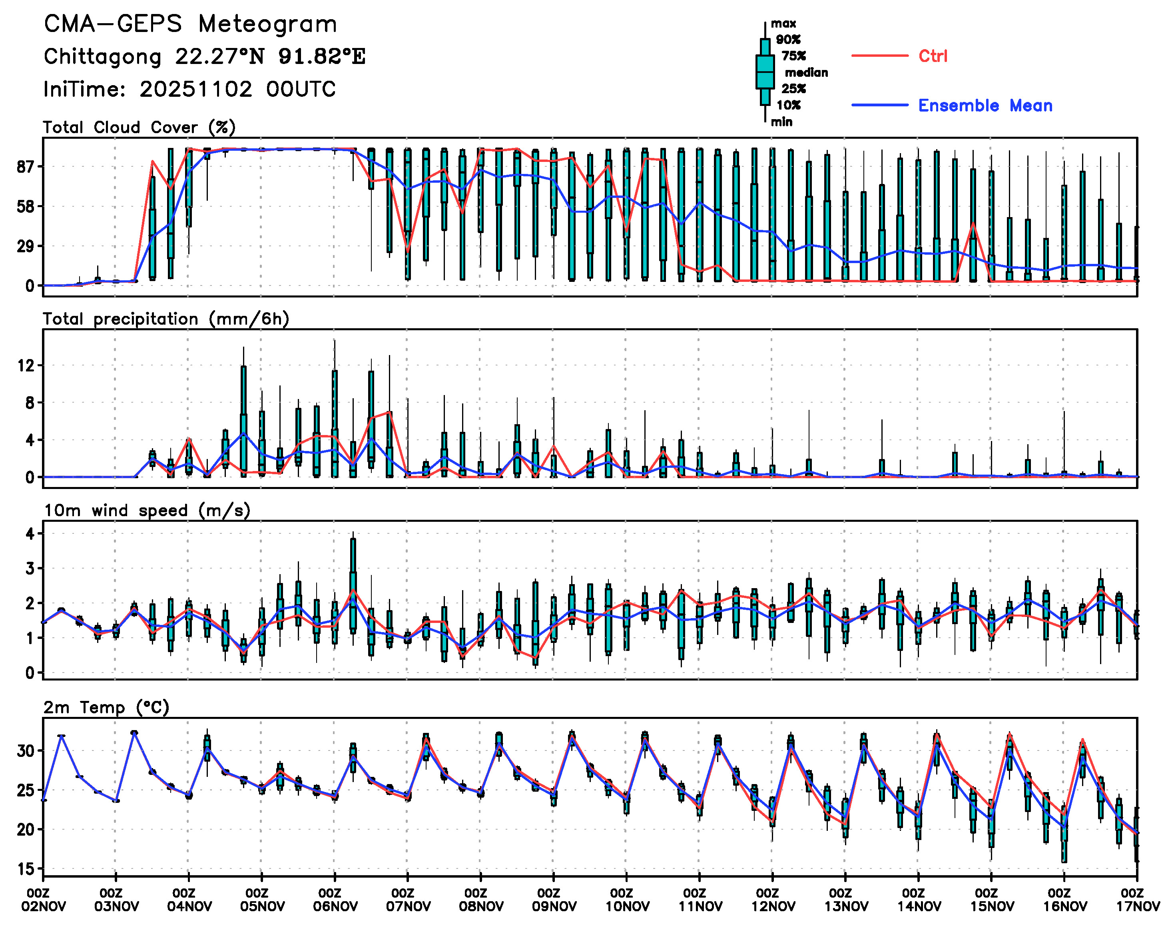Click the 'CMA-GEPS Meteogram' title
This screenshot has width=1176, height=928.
pos(190,24)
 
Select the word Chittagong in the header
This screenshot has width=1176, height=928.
pos(102,56)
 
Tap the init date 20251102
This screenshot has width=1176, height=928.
pos(195,89)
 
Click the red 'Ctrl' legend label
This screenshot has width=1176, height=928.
pos(933,56)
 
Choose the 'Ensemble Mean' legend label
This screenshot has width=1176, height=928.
pos(985,106)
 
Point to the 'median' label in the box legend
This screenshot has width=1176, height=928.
pos(806,72)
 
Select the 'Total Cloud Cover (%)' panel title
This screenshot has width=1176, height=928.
pos(139,127)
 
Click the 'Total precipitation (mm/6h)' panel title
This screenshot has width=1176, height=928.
pos(165,319)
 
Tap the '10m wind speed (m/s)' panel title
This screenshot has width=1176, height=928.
pos(147,510)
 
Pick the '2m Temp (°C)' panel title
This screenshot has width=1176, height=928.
pos(106,707)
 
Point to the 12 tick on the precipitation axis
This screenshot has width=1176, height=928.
pos(26,366)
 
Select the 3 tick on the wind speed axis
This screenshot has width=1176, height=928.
pos(30,568)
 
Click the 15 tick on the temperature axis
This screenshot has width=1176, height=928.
pos(26,869)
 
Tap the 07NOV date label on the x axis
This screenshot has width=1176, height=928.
pos(408,906)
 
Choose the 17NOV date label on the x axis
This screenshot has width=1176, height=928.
pos(1138,906)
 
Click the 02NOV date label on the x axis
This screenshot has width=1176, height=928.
pos(44,906)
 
